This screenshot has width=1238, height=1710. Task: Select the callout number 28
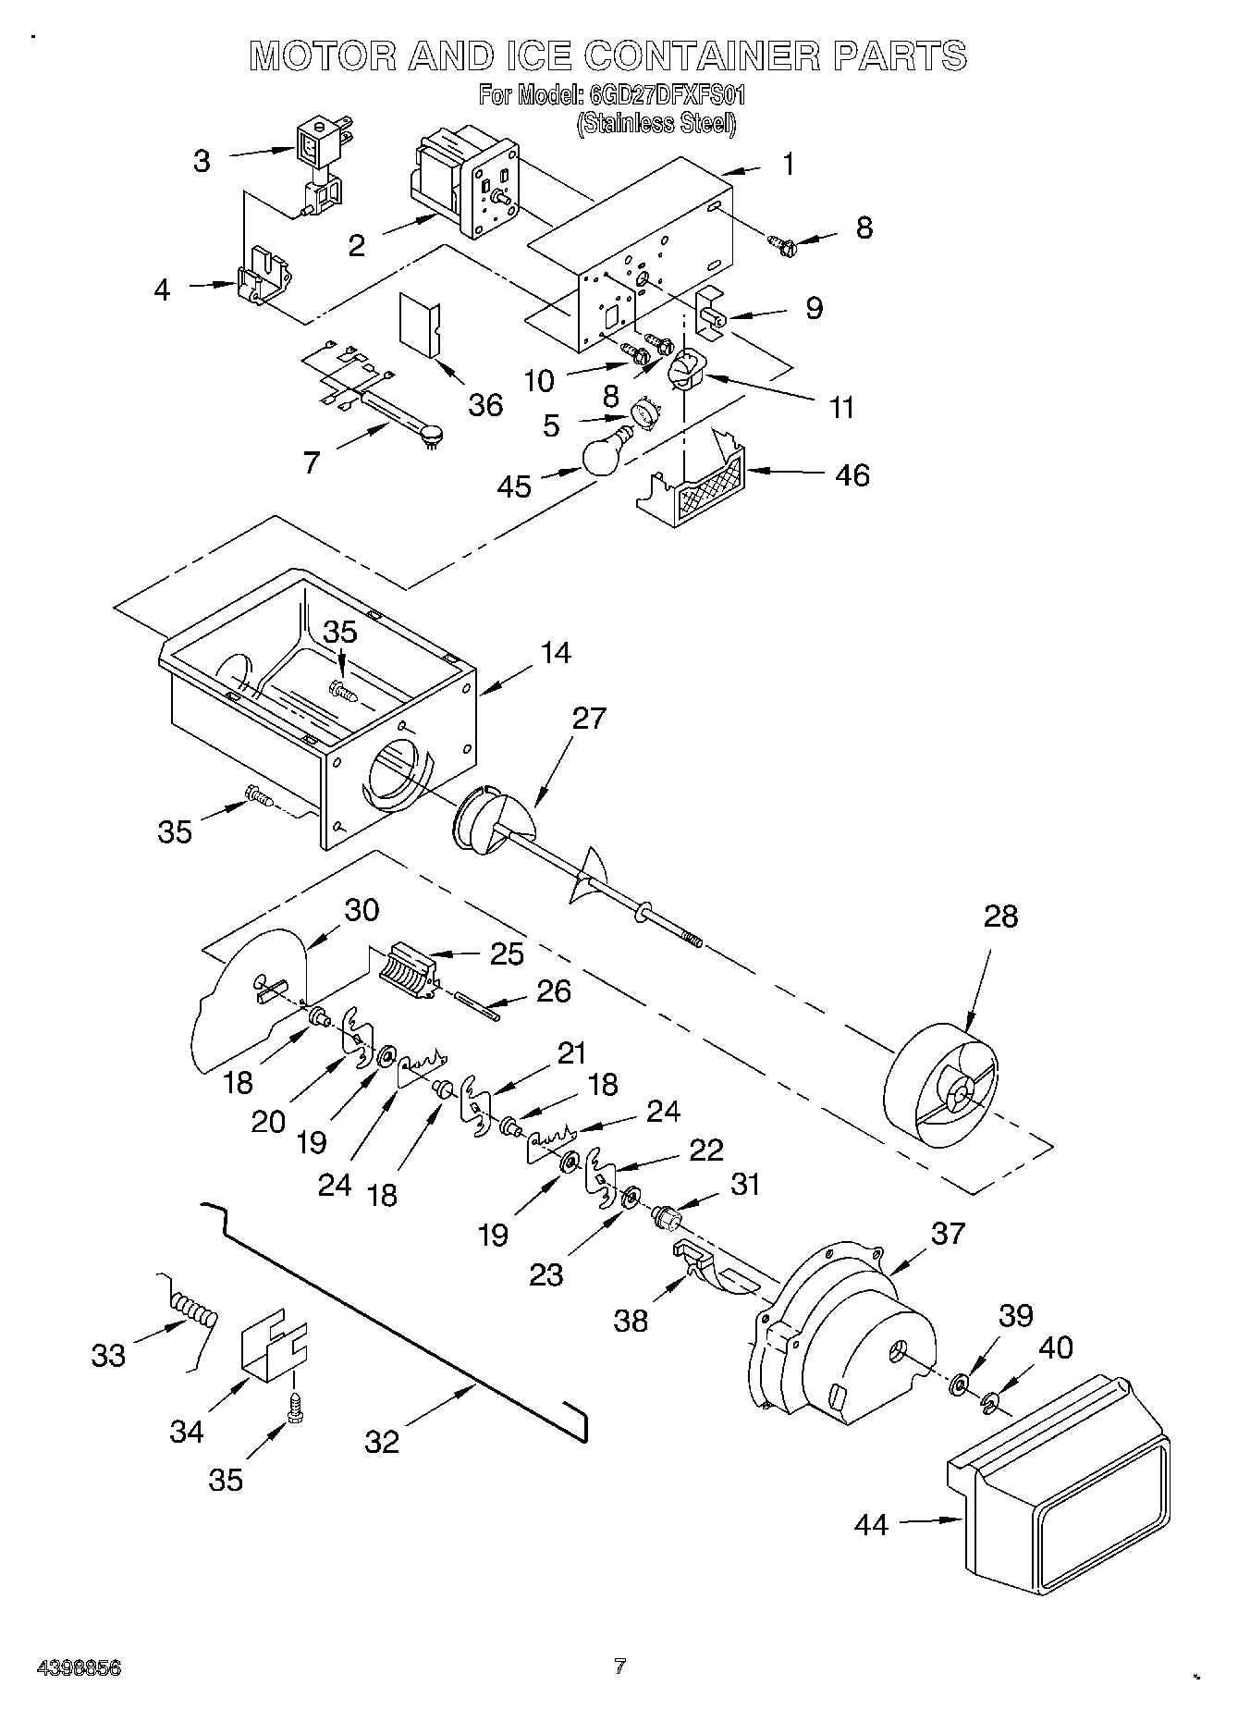tap(1000, 916)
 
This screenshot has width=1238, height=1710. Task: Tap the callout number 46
tap(852, 474)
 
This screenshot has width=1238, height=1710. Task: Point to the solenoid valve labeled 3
tap(319, 162)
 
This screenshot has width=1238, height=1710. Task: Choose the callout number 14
tap(555, 653)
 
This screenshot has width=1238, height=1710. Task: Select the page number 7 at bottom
tap(619, 1667)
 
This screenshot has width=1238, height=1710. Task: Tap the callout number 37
tap(948, 1232)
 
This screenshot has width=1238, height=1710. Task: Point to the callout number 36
tap(484, 404)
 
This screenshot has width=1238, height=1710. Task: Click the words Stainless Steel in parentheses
tap(656, 123)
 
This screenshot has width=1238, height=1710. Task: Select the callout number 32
tap(382, 1441)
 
